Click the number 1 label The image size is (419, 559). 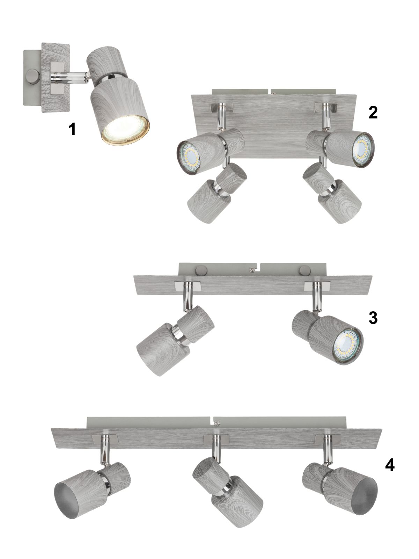[x=73, y=129]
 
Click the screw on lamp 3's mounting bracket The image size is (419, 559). [x=252, y=269]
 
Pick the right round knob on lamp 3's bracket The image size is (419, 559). [x=303, y=270]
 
